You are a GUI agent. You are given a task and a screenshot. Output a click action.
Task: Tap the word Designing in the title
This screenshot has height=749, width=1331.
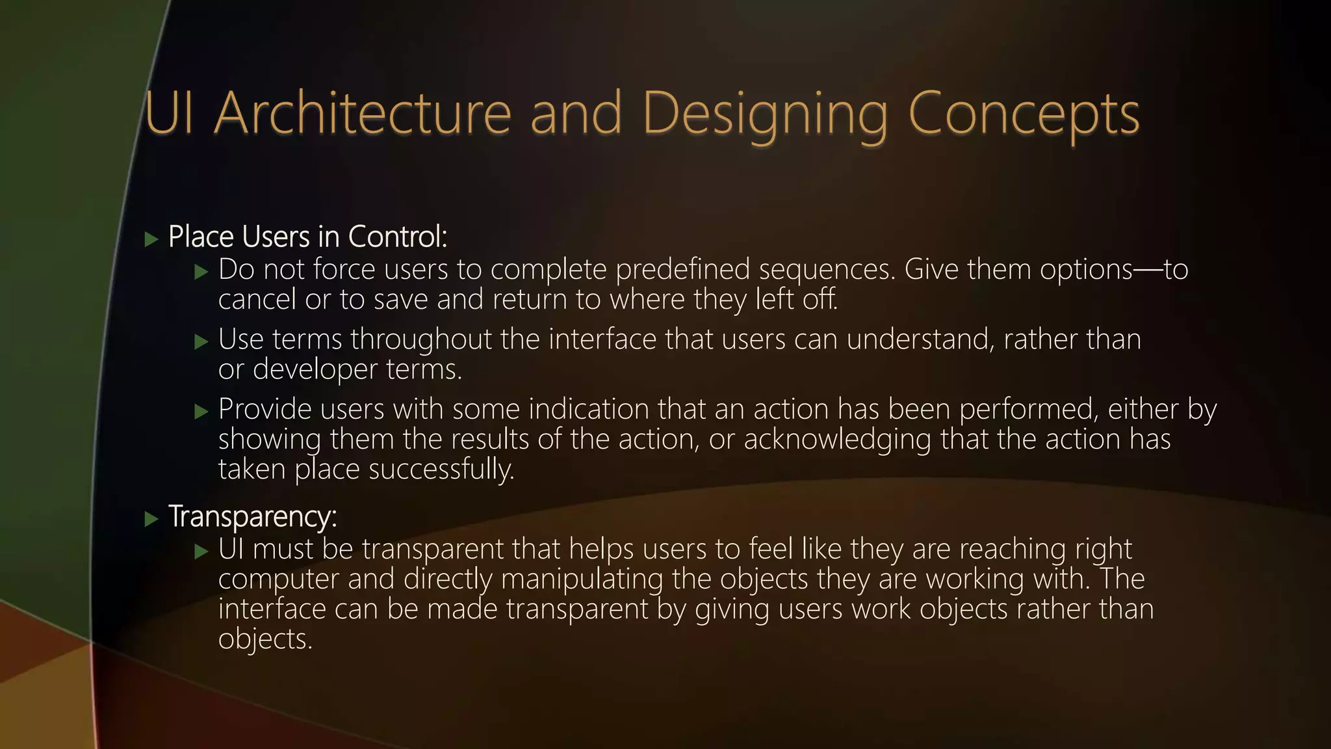pyautogui.click(x=764, y=114)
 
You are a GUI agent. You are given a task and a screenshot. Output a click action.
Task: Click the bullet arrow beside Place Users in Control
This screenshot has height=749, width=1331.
pyautogui.click(x=151, y=239)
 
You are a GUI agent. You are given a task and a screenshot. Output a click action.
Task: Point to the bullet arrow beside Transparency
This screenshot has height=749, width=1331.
pyautogui.click(x=151, y=519)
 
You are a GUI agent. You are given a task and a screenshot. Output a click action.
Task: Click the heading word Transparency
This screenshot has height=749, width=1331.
pyautogui.click(x=252, y=517)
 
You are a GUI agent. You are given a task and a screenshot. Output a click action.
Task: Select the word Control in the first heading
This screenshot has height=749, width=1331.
pyautogui.click(x=397, y=237)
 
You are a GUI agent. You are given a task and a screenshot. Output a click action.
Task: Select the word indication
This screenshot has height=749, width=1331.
pyautogui.click(x=588, y=410)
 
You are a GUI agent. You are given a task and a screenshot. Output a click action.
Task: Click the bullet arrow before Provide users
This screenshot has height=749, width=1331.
pyautogui.click(x=201, y=412)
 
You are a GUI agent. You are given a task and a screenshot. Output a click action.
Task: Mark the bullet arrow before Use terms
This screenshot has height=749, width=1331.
pyautogui.click(x=201, y=342)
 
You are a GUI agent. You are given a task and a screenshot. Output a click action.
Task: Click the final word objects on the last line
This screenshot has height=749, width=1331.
pyautogui.click(x=265, y=640)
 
